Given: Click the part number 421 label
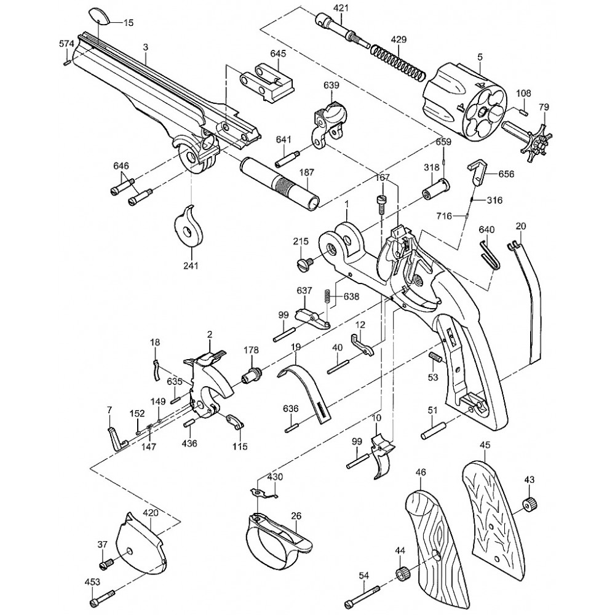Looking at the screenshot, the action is click(341, 8).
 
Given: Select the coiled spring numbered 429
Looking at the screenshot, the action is click(398, 63).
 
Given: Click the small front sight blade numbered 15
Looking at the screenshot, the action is click(98, 17).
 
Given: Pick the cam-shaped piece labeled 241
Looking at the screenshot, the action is click(189, 226).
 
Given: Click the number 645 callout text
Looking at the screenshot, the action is click(278, 54).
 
